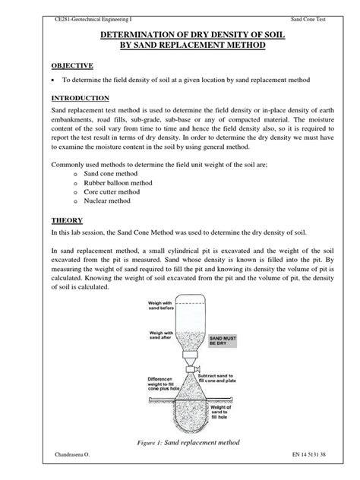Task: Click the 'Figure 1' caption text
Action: point(180,441)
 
